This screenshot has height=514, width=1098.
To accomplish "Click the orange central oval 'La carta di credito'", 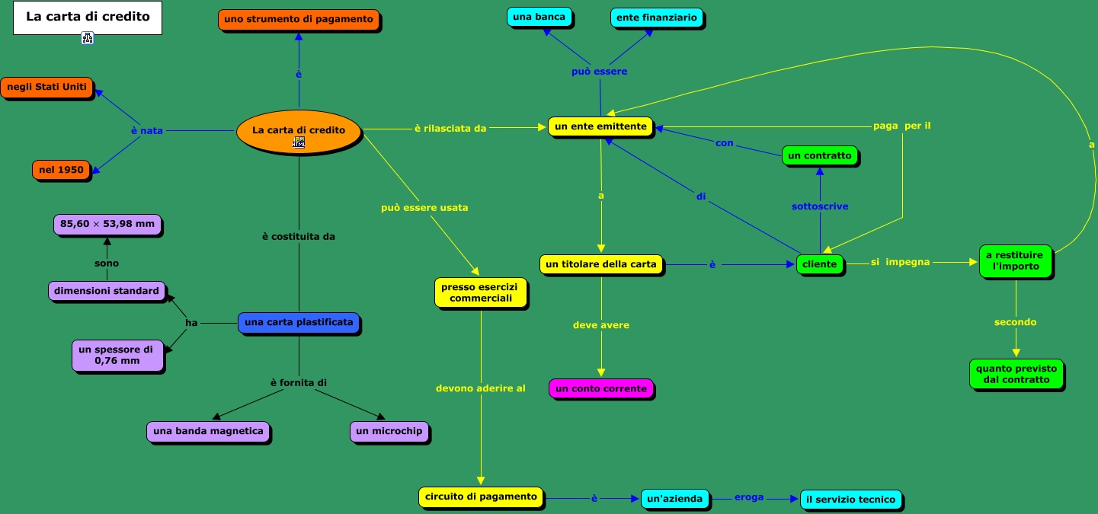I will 298,131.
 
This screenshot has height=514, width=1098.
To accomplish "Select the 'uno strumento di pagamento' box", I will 299,19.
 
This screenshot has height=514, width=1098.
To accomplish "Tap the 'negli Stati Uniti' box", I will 46,88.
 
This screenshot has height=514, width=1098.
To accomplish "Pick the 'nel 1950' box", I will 61,170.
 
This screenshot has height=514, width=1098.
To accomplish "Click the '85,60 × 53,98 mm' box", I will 107,225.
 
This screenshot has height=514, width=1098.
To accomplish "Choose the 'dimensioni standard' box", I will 107,291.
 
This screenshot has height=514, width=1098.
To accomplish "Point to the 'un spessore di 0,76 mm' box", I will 117,355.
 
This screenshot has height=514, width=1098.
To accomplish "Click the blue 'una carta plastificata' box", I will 299,323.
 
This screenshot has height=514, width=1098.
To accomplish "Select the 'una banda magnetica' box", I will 208,432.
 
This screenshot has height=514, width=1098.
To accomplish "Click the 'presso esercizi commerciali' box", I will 481,292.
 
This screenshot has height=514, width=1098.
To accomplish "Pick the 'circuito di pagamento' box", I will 481,497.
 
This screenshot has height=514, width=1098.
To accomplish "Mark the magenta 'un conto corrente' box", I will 601,389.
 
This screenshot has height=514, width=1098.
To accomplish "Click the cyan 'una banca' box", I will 539,17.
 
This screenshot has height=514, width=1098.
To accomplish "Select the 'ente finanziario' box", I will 656,18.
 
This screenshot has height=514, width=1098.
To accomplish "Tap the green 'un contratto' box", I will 820,156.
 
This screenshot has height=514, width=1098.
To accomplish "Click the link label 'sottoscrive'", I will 820,206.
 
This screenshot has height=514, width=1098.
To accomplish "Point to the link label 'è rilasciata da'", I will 450,129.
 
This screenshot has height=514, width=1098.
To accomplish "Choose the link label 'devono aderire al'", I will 481,388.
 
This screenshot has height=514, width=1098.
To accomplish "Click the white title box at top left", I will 88,18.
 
